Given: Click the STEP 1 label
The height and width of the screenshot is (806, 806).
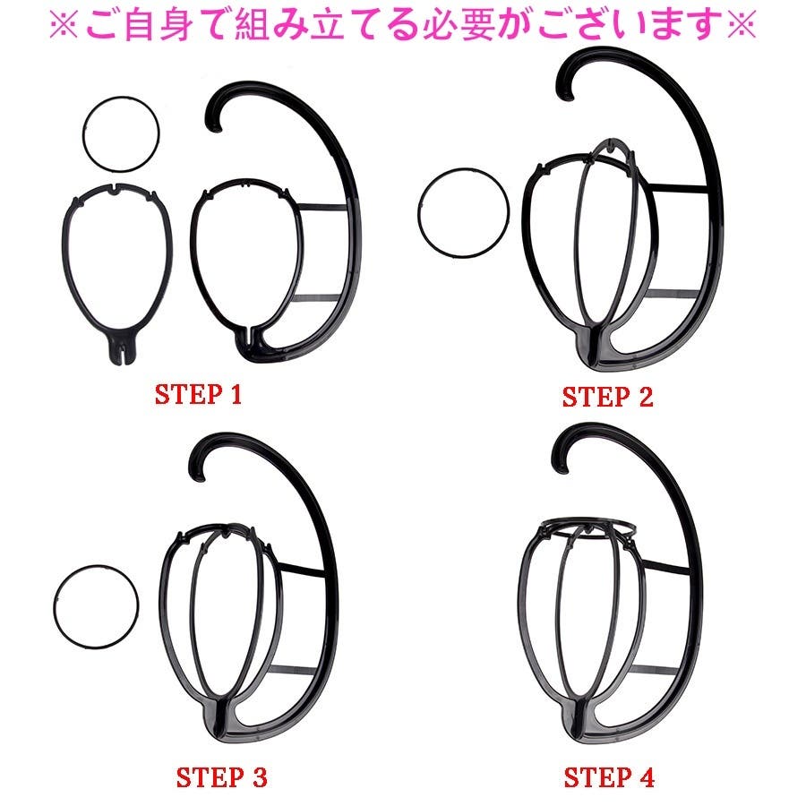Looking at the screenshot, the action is click(198, 394).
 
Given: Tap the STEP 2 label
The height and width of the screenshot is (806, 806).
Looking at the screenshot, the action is click(607, 397).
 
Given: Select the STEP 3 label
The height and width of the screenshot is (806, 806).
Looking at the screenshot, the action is click(221, 777).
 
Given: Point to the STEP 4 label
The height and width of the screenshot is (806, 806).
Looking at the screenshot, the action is click(609, 777).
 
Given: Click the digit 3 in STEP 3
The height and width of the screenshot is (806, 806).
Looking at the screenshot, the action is click(260, 777).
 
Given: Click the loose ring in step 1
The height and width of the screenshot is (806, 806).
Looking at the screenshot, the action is click(83, 134).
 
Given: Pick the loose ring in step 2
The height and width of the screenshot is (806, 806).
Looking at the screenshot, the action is click(418, 212).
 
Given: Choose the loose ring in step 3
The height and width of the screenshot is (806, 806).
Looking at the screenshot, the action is click(54, 607).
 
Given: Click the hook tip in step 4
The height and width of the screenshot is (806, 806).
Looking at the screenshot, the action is click(561, 466).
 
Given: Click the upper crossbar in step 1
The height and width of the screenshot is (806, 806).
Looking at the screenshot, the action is click(322, 208).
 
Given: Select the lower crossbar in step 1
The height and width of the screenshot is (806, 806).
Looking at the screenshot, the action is click(315, 298).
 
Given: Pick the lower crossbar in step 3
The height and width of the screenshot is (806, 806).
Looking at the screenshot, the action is click(293, 670).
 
